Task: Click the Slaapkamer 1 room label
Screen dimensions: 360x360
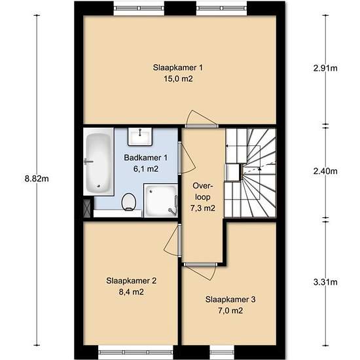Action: point(178,67)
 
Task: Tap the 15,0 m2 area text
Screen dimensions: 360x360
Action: point(178,79)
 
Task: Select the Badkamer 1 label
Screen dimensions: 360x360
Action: point(146,158)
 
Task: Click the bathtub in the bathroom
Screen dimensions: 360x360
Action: point(98,162)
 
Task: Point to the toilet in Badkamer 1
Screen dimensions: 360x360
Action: point(128,202)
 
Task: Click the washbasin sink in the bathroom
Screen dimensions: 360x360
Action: point(140,137)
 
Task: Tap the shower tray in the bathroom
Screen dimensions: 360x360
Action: point(161,200)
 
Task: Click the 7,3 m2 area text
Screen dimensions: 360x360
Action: point(203,208)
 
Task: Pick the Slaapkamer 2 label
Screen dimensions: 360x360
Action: point(132,281)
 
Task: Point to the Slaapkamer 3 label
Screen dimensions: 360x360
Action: point(230,300)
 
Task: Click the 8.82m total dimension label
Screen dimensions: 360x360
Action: point(37,179)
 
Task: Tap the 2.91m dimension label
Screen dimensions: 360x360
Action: point(325,68)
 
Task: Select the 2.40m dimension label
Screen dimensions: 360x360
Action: point(325,171)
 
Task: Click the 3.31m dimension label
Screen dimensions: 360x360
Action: point(325,282)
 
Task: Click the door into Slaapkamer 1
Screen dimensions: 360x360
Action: point(202,126)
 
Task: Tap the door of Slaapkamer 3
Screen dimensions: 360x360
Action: point(200,265)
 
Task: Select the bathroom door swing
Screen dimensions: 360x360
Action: point(187,158)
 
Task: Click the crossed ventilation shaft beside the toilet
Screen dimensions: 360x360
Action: point(87,208)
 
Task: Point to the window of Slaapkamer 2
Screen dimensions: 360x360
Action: point(135,352)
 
